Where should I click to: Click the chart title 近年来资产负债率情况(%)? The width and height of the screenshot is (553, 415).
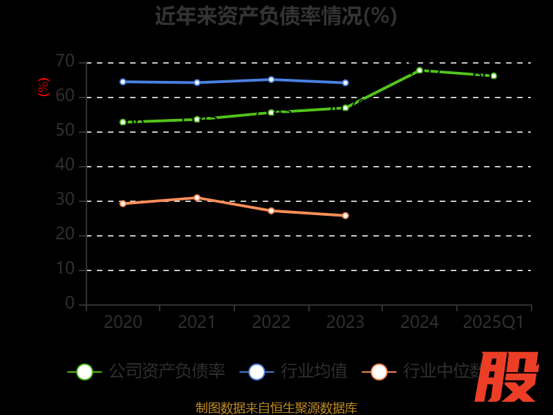click(x=276, y=16)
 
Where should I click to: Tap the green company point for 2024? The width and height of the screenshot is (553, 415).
click(x=420, y=70)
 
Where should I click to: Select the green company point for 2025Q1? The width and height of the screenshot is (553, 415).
click(x=494, y=75)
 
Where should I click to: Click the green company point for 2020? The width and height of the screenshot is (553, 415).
click(x=123, y=122)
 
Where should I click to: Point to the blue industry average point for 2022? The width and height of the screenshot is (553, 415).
click(x=271, y=80)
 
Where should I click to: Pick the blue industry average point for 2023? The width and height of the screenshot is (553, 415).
click(x=346, y=82)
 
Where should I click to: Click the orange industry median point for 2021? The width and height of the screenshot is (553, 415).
click(x=197, y=198)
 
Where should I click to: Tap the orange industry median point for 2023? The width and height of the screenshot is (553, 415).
click(x=346, y=215)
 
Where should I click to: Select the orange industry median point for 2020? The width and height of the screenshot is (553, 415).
click(x=123, y=203)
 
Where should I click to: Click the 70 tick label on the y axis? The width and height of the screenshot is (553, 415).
click(x=65, y=62)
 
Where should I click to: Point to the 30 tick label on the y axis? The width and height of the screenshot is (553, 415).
click(x=65, y=200)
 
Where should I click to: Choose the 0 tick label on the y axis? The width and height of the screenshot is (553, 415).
click(x=70, y=303)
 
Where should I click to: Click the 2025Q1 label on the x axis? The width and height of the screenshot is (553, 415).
click(x=494, y=322)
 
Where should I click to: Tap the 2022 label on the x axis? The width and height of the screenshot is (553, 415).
click(x=271, y=322)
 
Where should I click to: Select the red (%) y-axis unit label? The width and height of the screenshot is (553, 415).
click(x=44, y=87)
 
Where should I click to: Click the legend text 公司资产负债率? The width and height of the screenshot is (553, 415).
click(x=167, y=371)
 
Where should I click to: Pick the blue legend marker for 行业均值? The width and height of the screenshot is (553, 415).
click(x=256, y=371)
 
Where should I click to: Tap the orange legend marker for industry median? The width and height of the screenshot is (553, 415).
click(x=379, y=371)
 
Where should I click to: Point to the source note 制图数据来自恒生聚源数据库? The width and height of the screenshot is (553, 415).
click(x=276, y=408)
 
